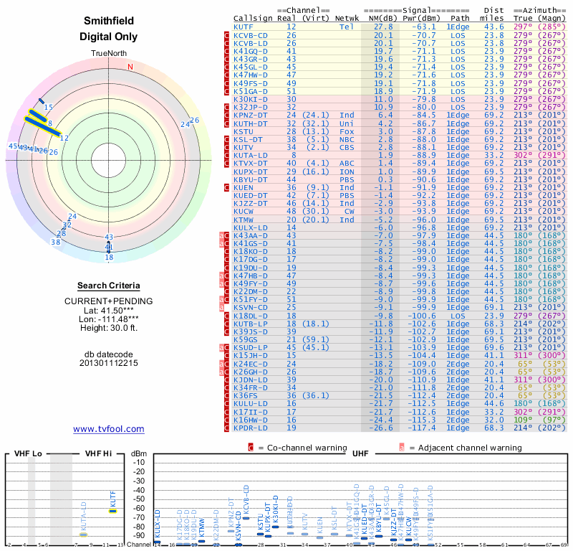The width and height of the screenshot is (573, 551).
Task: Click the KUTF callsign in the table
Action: (244, 26)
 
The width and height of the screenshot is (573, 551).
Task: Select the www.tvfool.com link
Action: (108, 429)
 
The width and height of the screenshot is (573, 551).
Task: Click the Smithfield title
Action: (108, 21)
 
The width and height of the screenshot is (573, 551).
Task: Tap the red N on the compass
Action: (130, 67)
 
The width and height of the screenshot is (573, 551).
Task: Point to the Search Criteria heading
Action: (108, 286)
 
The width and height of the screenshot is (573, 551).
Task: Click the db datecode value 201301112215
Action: (108, 363)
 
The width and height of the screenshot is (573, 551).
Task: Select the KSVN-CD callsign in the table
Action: (251, 307)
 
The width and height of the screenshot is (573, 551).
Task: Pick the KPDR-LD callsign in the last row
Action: (251, 428)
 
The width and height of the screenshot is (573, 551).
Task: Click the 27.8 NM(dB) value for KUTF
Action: (382, 26)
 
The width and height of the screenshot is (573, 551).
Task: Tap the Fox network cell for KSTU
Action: (347, 131)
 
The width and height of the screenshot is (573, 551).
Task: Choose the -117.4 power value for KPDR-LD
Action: (418, 428)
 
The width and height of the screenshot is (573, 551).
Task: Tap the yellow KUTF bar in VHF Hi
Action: (112, 511)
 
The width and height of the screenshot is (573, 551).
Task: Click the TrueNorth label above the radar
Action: (108, 54)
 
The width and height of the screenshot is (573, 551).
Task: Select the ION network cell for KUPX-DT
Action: (347, 171)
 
